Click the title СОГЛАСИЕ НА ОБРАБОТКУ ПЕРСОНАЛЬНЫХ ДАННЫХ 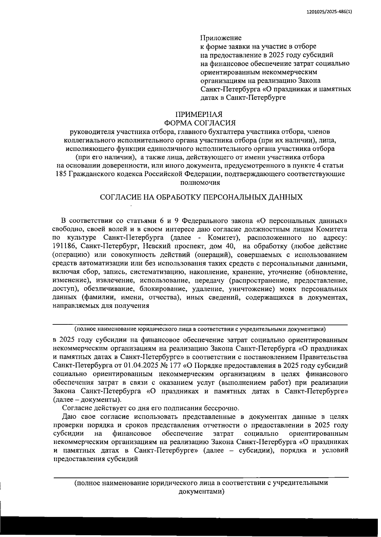point(201,197)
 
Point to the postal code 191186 point(63,246)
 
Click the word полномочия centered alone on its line point(200,183)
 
